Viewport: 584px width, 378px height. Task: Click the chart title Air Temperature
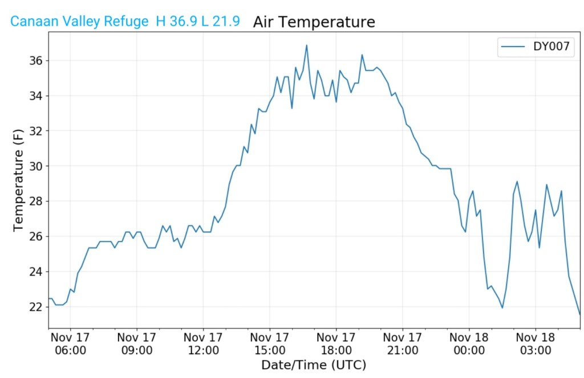pyautogui.click(x=314, y=22)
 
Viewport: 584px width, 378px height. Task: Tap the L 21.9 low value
pyautogui.click(x=220, y=22)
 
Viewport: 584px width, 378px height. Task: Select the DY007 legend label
pyautogui.click(x=551, y=47)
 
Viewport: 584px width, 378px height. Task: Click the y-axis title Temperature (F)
pyautogui.click(x=19, y=179)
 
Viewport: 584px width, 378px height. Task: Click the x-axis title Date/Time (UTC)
pyautogui.click(x=314, y=364)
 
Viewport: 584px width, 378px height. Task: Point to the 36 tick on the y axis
pyautogui.click(x=35, y=60)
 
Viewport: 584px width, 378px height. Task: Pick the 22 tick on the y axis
pyautogui.click(x=35, y=307)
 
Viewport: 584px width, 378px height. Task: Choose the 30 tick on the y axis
pyautogui.click(x=35, y=166)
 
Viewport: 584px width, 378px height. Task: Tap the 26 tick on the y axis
pyautogui.click(x=35, y=236)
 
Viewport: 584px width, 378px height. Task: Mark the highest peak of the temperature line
pyautogui.click(x=306, y=45)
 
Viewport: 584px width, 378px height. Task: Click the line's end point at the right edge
pyautogui.click(x=580, y=314)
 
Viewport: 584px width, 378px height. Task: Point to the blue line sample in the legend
pyautogui.click(x=512, y=47)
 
